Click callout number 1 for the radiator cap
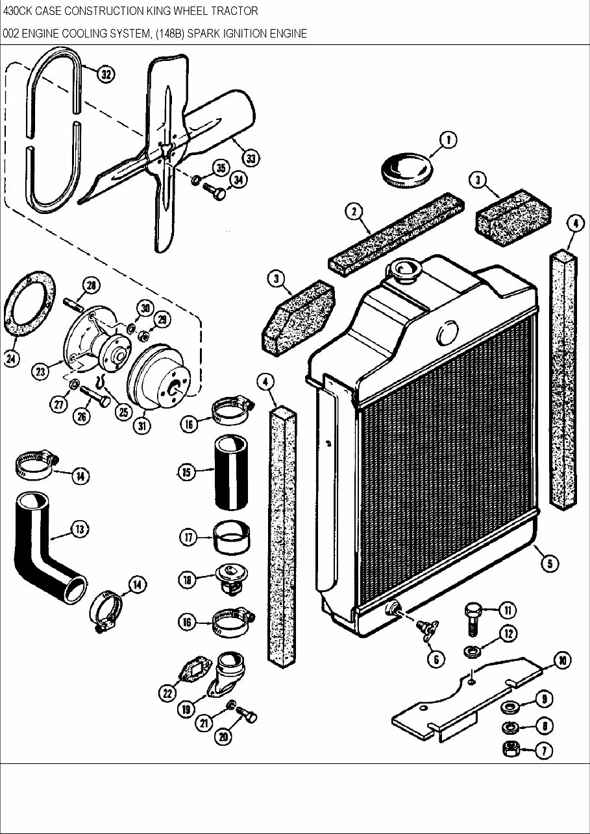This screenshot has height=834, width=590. coord(448,139)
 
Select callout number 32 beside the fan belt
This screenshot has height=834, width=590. coord(105,75)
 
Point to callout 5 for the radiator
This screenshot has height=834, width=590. coord(550,563)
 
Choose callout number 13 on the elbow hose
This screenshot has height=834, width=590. coord(79,529)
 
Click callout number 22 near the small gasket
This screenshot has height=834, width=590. coord(167,693)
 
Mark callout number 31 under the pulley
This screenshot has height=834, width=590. coord(141,426)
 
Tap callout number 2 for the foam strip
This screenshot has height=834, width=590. coord(354,211)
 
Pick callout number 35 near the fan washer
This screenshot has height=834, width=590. coord(220,168)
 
